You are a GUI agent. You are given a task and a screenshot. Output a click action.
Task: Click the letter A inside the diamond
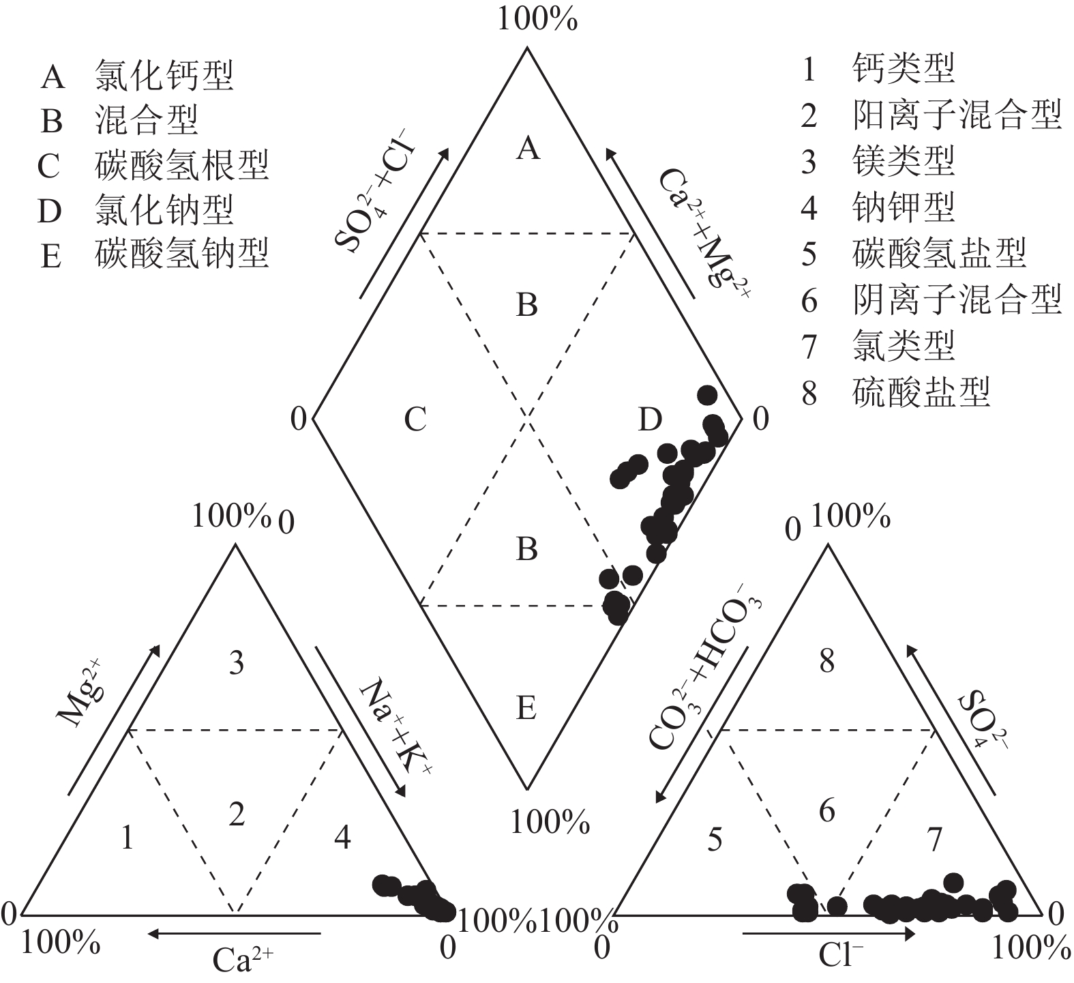pos(528,147)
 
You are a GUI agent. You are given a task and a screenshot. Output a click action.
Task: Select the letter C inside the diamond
pos(415,420)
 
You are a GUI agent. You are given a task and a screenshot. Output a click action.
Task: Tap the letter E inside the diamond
pos(526,709)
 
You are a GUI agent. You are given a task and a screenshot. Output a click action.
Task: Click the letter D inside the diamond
pos(650,420)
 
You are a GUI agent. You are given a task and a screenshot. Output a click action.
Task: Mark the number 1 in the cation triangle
pos(127,838)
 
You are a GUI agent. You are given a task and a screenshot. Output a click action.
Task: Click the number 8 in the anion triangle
pos(826,661)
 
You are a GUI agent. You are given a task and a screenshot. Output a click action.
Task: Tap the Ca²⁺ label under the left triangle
pos(243,960)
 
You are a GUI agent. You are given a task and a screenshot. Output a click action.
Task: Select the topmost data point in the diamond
pos(707,394)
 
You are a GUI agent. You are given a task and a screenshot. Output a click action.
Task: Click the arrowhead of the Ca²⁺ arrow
pos(154,933)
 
